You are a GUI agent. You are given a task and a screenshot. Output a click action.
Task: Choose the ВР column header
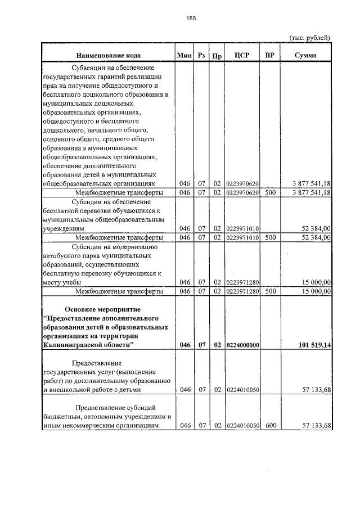coord(270,55)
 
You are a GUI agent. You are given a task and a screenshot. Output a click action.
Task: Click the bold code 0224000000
coord(242,345)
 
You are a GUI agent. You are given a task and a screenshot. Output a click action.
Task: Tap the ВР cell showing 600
coord(271,426)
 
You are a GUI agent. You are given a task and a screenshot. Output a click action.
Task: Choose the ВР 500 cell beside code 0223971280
coord(271,291)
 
